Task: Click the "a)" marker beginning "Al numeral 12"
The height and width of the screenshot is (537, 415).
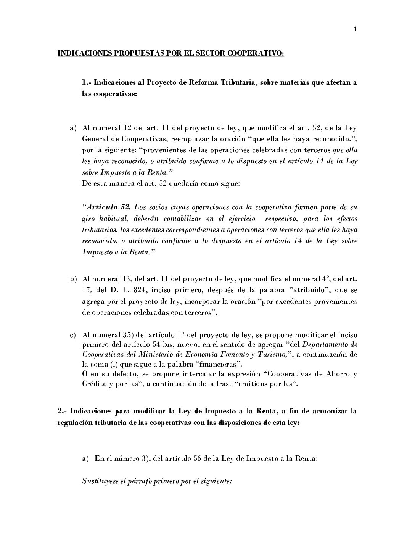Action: point(73,128)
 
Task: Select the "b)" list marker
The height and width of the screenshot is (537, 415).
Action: point(73,280)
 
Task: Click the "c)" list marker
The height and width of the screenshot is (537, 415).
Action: point(73,335)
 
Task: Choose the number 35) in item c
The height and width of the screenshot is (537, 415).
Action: point(127,335)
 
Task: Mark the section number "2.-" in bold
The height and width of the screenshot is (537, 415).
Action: point(62,412)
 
